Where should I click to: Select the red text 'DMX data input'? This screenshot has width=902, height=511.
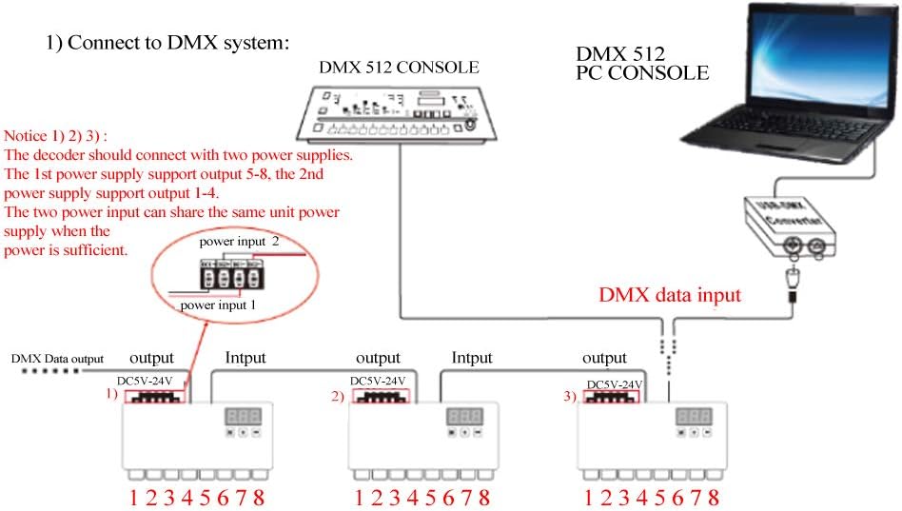[670, 296]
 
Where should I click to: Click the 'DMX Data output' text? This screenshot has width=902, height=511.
[56, 359]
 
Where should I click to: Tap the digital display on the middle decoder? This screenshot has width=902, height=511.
[463, 416]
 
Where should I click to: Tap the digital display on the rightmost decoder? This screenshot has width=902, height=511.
[694, 416]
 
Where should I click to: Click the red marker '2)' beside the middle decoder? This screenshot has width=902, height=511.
[338, 398]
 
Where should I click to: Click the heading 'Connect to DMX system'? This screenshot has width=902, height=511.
[167, 43]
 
